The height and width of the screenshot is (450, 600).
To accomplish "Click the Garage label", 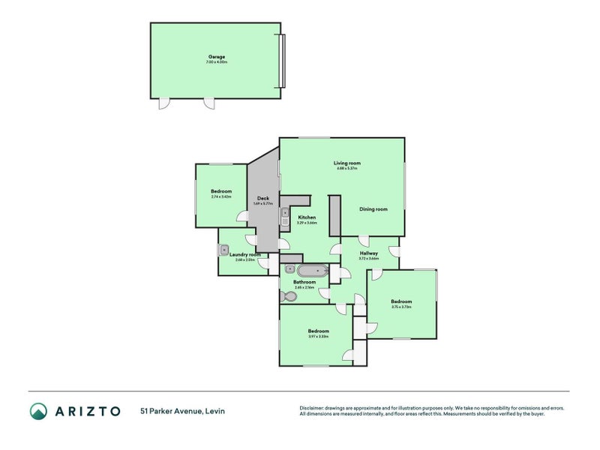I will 216,57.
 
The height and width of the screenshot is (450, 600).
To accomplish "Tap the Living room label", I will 347,163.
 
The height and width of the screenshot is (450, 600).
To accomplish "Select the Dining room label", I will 373,209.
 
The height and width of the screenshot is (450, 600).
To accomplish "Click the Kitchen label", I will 307,217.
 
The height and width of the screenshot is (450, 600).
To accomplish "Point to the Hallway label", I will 368,253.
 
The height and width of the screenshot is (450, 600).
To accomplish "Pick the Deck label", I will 262,198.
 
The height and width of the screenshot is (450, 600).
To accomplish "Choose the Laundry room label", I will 245,255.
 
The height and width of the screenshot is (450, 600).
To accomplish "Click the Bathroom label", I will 304,282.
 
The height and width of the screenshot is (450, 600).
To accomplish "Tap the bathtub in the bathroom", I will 313,271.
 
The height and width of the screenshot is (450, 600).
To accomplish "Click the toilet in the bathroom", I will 289,296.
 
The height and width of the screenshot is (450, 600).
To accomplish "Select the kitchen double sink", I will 286,217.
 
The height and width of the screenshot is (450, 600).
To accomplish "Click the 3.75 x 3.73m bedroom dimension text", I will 401,307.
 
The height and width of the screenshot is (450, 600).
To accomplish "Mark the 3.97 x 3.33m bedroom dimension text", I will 319,336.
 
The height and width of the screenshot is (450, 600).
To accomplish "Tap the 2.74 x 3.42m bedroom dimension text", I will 221,196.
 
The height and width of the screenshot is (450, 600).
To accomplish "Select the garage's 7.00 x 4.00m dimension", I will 216,62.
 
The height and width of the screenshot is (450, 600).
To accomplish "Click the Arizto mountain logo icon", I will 38,410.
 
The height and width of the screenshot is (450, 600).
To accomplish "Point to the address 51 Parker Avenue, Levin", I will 182,411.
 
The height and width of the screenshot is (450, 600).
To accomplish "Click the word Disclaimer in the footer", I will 313,409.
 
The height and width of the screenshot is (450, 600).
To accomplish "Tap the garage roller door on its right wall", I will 282,59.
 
